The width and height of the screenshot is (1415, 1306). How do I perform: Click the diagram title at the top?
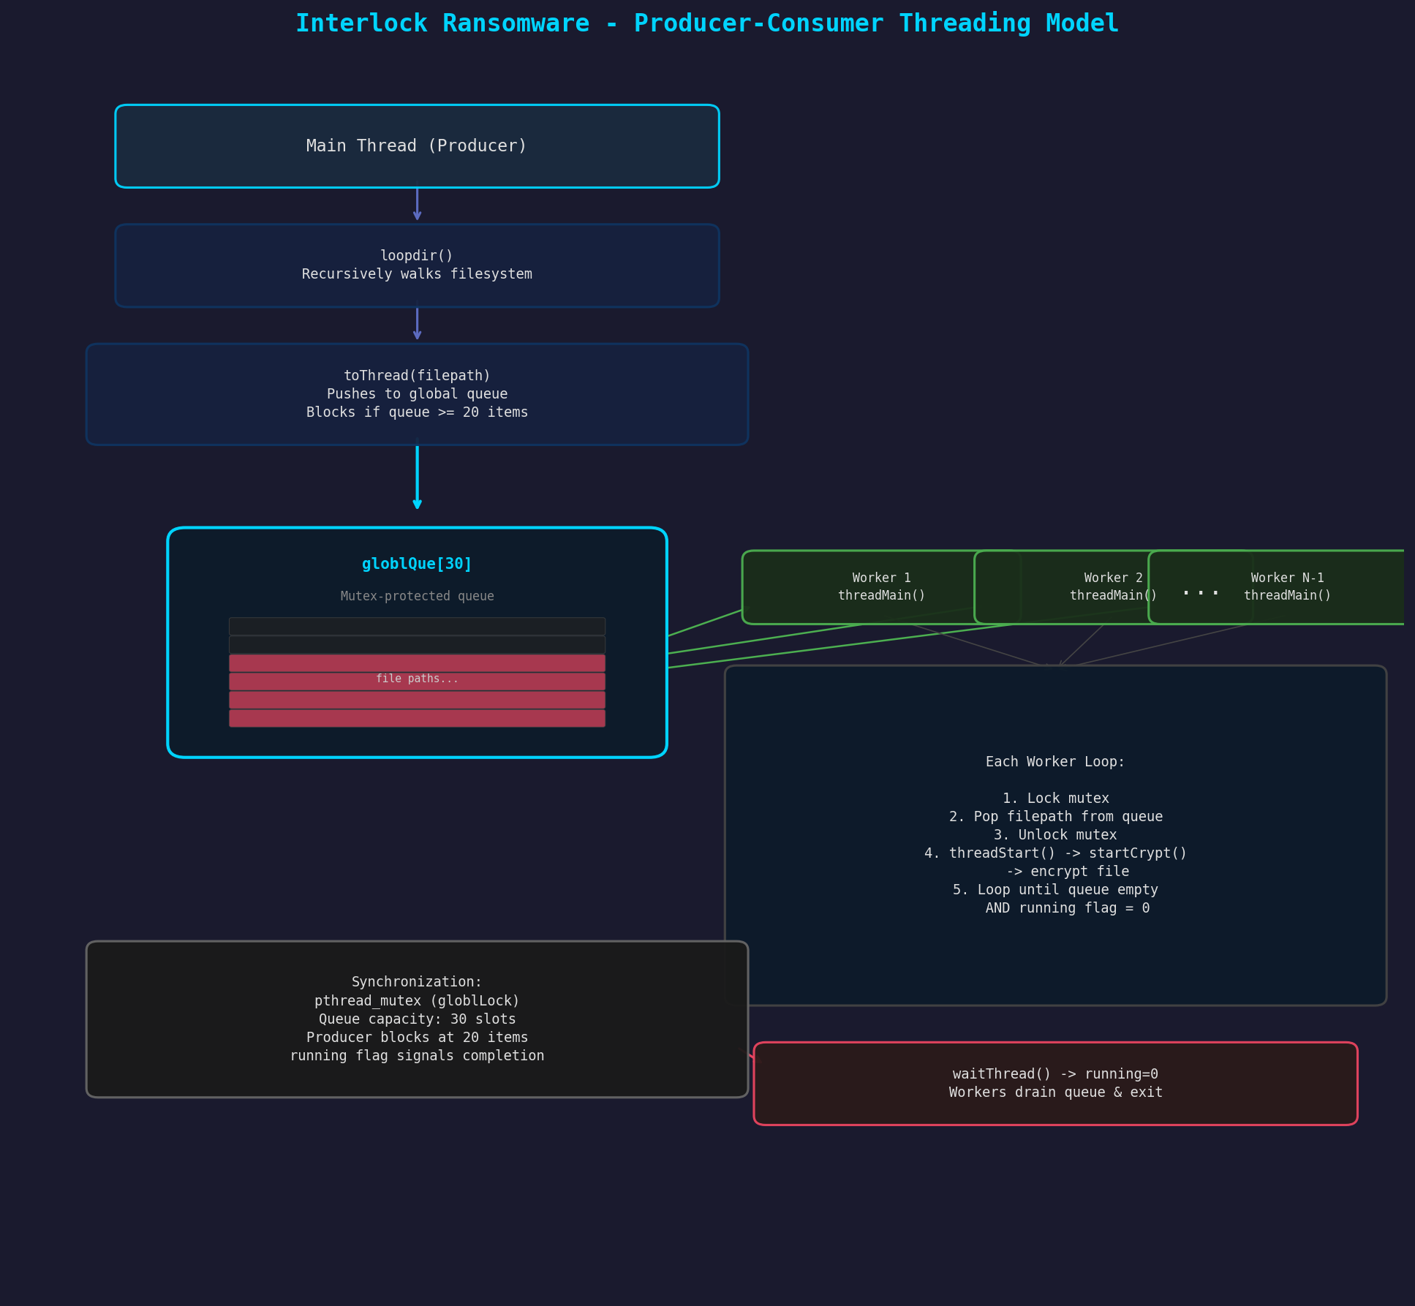tap(707, 23)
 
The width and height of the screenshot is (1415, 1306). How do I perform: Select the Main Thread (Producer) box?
tap(417, 146)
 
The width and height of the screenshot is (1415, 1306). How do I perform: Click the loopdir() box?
tap(417, 265)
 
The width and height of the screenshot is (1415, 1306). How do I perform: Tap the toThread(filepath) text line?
tap(417, 376)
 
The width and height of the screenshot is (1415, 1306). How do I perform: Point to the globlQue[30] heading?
tap(417, 564)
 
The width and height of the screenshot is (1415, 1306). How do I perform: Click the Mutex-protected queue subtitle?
tap(417, 596)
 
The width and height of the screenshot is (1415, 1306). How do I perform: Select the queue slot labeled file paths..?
tap(417, 679)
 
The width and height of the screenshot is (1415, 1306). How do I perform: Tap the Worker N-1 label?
tap(1287, 578)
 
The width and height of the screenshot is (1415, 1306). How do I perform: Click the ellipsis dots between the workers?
tap(1200, 592)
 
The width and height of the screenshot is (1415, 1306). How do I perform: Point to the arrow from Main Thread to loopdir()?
tap(417, 205)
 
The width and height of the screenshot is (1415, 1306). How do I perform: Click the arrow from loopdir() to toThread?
tap(417, 324)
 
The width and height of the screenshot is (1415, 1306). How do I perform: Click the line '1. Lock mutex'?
tap(1055, 799)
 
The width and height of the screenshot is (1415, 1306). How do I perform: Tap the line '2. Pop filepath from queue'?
tap(1055, 817)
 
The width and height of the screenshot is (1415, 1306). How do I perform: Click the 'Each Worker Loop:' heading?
tap(1055, 762)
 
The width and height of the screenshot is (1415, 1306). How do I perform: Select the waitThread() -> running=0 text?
tap(1055, 1074)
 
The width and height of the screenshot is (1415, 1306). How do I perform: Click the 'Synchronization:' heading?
tap(417, 982)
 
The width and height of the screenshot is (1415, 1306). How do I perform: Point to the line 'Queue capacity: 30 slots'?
tap(417, 1019)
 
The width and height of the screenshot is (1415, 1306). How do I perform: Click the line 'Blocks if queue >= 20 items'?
tap(417, 412)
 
